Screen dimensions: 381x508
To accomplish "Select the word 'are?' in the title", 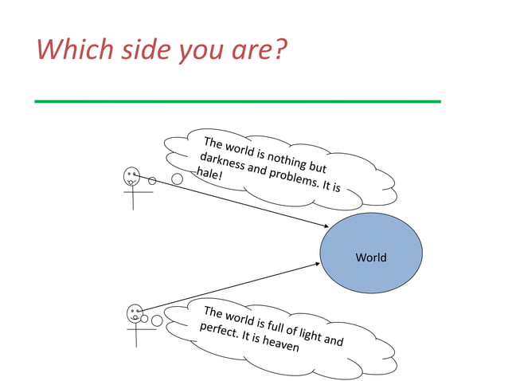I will pos(258,52).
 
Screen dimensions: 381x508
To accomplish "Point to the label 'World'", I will pos(370,257).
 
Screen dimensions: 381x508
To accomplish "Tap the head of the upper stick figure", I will pos(131,176).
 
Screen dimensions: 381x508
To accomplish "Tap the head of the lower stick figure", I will pos(134,312).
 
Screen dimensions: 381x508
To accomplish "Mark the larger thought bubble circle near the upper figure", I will pos(177,179).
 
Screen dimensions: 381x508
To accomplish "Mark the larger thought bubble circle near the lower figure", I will pos(157,320).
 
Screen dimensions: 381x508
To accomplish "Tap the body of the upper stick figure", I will pos(132,197).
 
